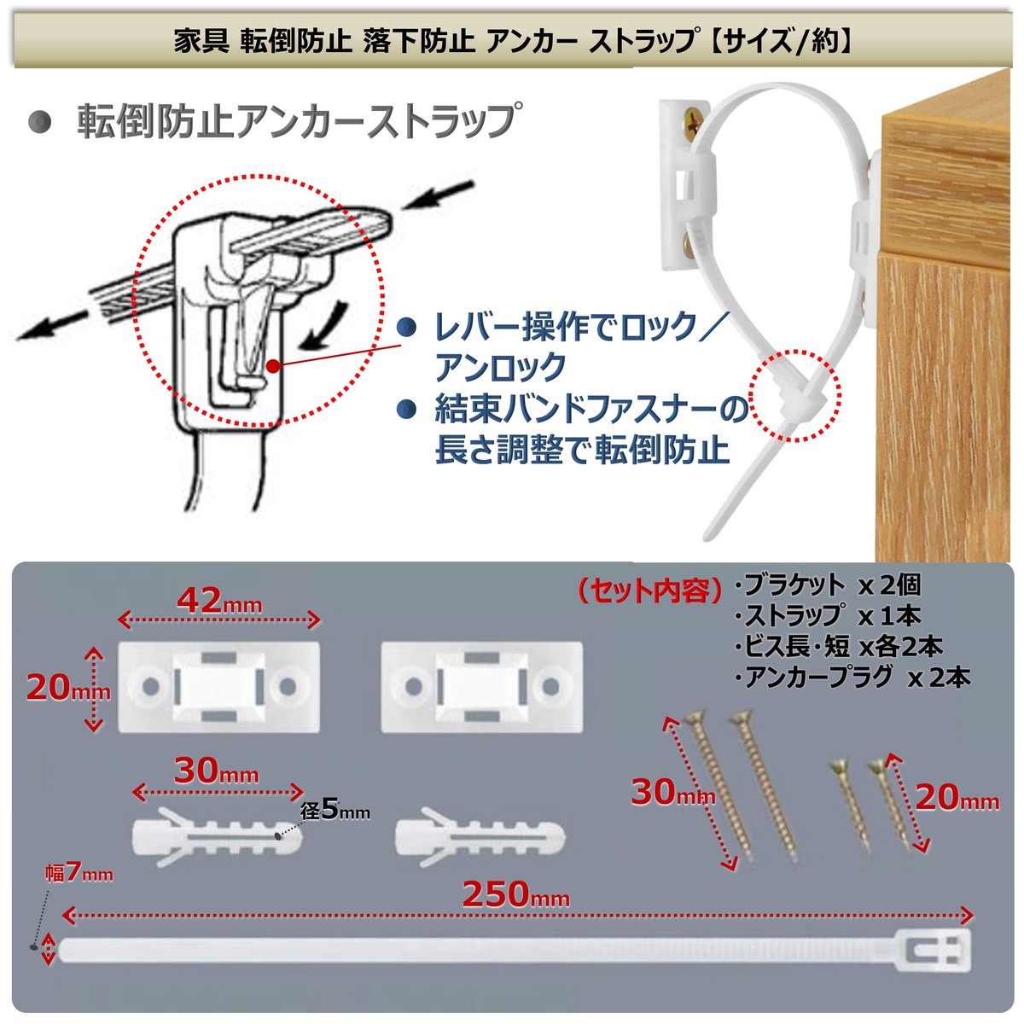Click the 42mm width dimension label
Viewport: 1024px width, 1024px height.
(218, 601)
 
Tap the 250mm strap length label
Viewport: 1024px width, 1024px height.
(515, 894)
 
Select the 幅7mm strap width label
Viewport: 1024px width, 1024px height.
(79, 872)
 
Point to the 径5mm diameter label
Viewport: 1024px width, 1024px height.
(335, 809)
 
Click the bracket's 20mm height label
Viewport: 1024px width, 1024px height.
(67, 688)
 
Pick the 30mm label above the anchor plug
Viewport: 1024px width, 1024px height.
(216, 771)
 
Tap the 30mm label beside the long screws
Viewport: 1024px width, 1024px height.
(672, 792)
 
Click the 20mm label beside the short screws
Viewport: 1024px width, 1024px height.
(956, 799)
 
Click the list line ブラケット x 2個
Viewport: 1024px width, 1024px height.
(827, 585)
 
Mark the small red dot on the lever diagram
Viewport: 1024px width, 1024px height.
(271, 366)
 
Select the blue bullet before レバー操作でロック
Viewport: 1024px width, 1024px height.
(409, 327)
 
